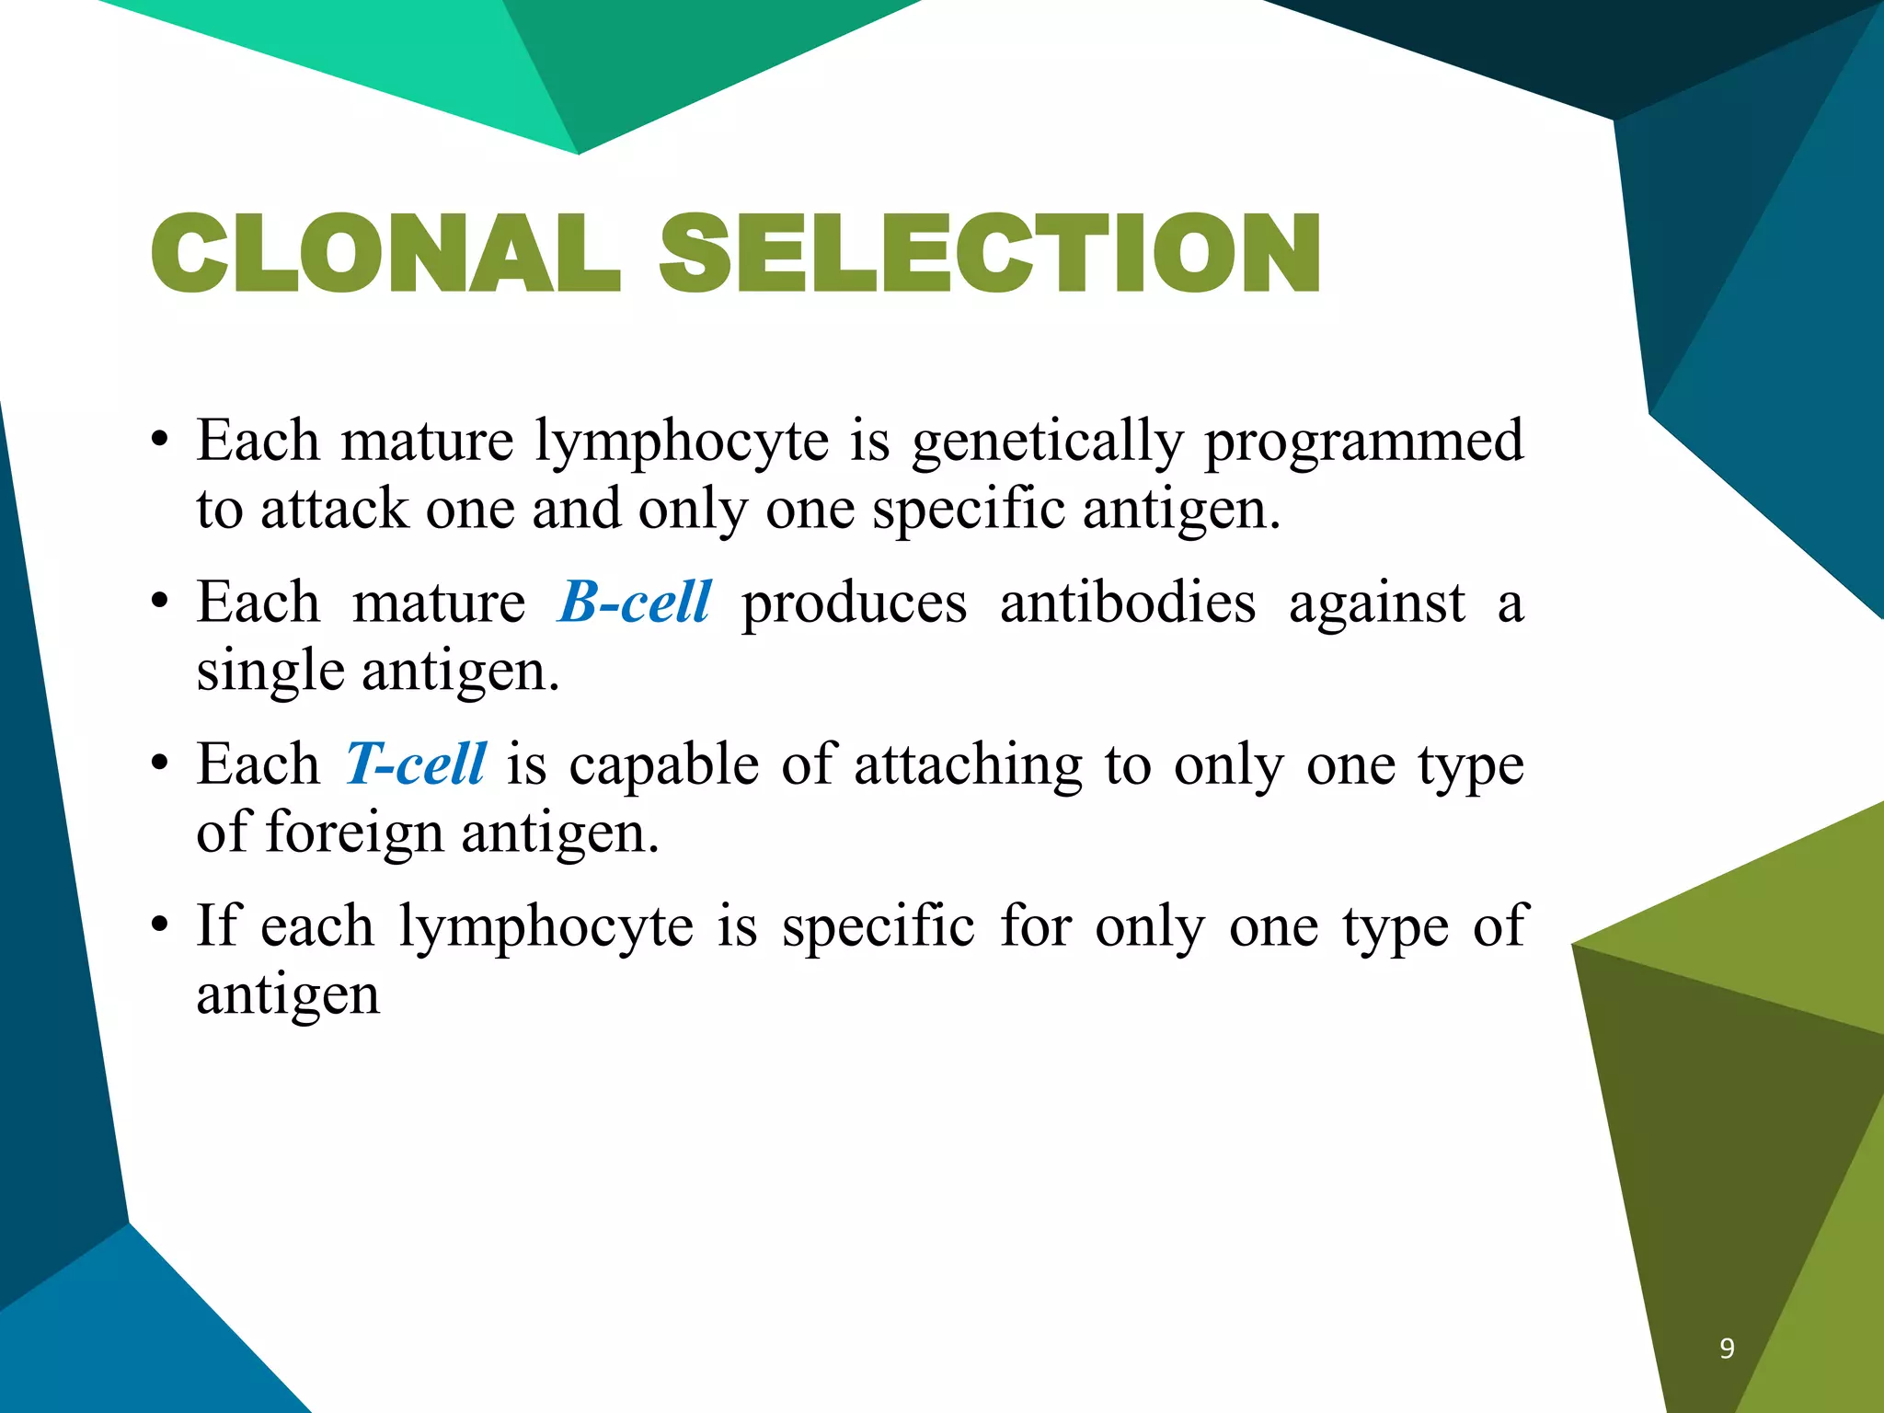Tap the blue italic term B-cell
(635, 603)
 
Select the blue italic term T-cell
(416, 764)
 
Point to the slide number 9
(1727, 1349)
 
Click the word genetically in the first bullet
(1047, 442)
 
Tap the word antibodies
(1128, 603)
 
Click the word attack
(334, 509)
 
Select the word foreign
(354, 833)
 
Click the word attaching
(969, 765)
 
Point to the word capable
(664, 764)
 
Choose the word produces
(855, 605)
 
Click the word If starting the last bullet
(217, 925)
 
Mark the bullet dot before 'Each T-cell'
(160, 764)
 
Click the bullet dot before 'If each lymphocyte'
(160, 926)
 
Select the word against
(1376, 605)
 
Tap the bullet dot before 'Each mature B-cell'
(160, 603)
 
